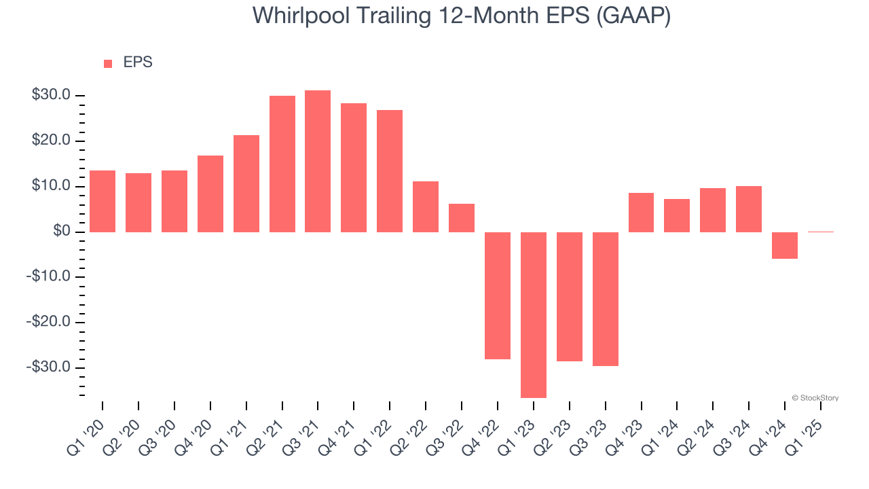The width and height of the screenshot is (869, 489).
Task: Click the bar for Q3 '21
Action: [318, 161]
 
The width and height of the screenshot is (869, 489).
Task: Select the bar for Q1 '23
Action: [534, 314]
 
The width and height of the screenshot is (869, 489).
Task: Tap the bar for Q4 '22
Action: [498, 295]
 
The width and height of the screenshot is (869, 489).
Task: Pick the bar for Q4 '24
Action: [785, 245]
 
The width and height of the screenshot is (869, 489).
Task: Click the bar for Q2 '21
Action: [282, 164]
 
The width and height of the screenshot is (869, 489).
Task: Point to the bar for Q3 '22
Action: [462, 217]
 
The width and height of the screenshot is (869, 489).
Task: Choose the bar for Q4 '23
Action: [641, 213]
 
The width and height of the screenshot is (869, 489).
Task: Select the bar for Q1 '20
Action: [103, 201]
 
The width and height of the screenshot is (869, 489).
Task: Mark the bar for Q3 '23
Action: [606, 299]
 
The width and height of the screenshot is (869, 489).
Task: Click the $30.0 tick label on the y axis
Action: [52, 95]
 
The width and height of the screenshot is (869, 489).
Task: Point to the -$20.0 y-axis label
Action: [50, 322]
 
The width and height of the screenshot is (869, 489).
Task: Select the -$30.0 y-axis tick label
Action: [50, 367]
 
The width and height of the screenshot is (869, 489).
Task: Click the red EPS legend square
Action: [108, 64]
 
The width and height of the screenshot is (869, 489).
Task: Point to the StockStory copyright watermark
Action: [815, 398]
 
